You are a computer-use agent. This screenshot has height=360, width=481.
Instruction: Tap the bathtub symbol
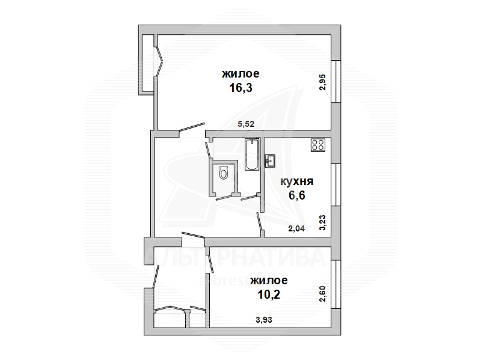[x=252, y=154]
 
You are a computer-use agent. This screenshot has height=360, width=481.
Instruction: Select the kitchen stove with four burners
[x=318, y=145]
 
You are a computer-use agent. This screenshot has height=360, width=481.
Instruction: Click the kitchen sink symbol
[x=270, y=161]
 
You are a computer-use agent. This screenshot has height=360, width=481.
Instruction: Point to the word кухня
[x=297, y=182]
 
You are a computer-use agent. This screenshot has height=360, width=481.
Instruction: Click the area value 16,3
[x=241, y=88]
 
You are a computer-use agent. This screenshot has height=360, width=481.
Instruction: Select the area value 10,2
[x=269, y=294]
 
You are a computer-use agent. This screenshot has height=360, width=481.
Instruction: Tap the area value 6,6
[x=297, y=195]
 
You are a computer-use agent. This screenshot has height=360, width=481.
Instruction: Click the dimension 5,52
[x=246, y=124]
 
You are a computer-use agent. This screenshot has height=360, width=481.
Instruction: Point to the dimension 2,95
[x=323, y=82]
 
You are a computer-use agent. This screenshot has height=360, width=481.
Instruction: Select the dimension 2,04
[x=296, y=228]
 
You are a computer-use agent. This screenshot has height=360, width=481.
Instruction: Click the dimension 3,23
[x=323, y=222]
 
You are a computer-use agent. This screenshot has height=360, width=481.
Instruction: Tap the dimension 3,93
[x=264, y=320]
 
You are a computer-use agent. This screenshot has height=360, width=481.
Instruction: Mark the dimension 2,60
[x=323, y=294]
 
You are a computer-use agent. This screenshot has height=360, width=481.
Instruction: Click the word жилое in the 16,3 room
[x=241, y=74]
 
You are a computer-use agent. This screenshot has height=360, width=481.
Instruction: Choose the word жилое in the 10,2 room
[x=269, y=281]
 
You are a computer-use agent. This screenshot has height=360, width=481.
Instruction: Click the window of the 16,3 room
[x=336, y=81]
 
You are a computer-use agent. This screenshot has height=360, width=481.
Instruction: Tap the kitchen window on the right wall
[x=336, y=185]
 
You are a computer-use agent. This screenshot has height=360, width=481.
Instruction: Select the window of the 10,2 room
[x=336, y=284]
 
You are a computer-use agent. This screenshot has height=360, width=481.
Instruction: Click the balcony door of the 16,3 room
[x=159, y=61]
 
